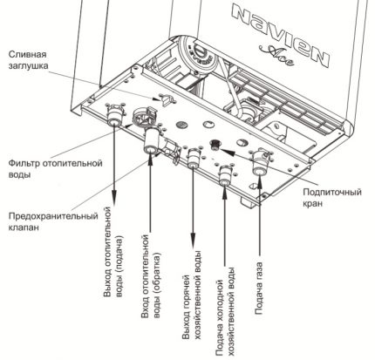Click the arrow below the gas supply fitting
click(x=259, y=218)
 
